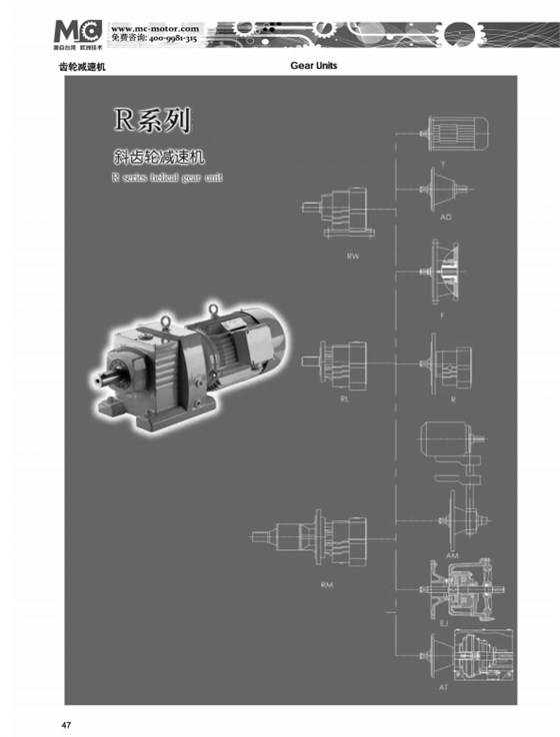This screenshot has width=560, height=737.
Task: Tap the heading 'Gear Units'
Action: pos(313,65)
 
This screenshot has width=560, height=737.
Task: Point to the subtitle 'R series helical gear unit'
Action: pos(167,178)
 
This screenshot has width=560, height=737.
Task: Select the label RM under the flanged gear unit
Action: pos(326,583)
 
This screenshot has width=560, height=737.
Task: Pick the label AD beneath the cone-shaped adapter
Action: pos(446,215)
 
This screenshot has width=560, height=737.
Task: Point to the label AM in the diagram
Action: pos(452,554)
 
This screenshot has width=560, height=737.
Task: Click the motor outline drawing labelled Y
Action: pos(456,133)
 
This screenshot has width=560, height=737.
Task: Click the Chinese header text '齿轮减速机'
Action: pos(83,66)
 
